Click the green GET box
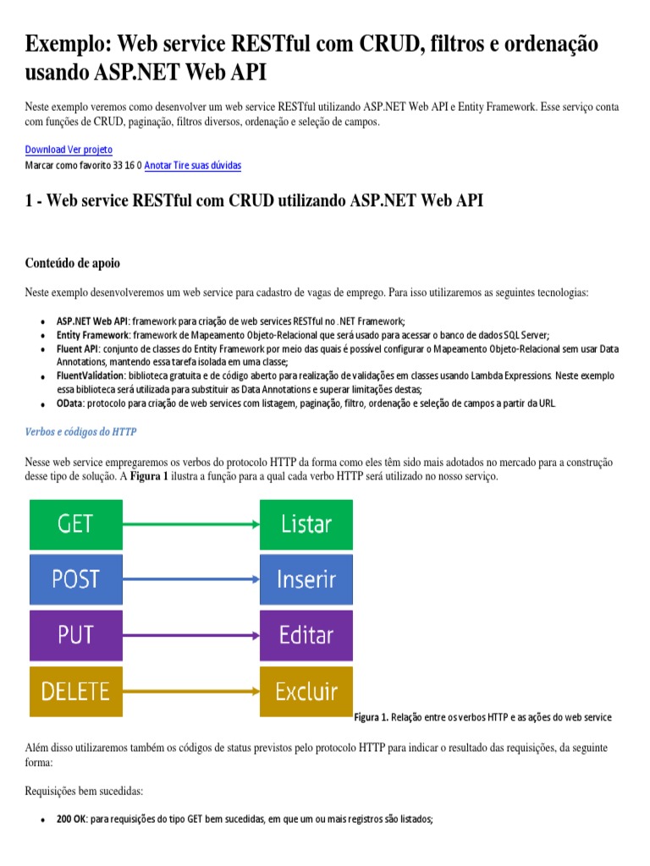click(x=76, y=524)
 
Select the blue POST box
click(x=76, y=579)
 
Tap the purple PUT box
click(x=76, y=634)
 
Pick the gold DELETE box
click(x=76, y=691)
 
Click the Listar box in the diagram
click(x=306, y=524)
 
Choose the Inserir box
click(x=306, y=579)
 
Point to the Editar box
click(x=306, y=634)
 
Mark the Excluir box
click(x=306, y=691)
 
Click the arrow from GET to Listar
click(x=191, y=524)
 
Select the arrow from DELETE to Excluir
click(x=191, y=691)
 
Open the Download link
click(x=45, y=150)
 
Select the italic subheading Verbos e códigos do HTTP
click(x=81, y=432)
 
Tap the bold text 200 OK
click(x=71, y=819)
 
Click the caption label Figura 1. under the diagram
click(x=371, y=718)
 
